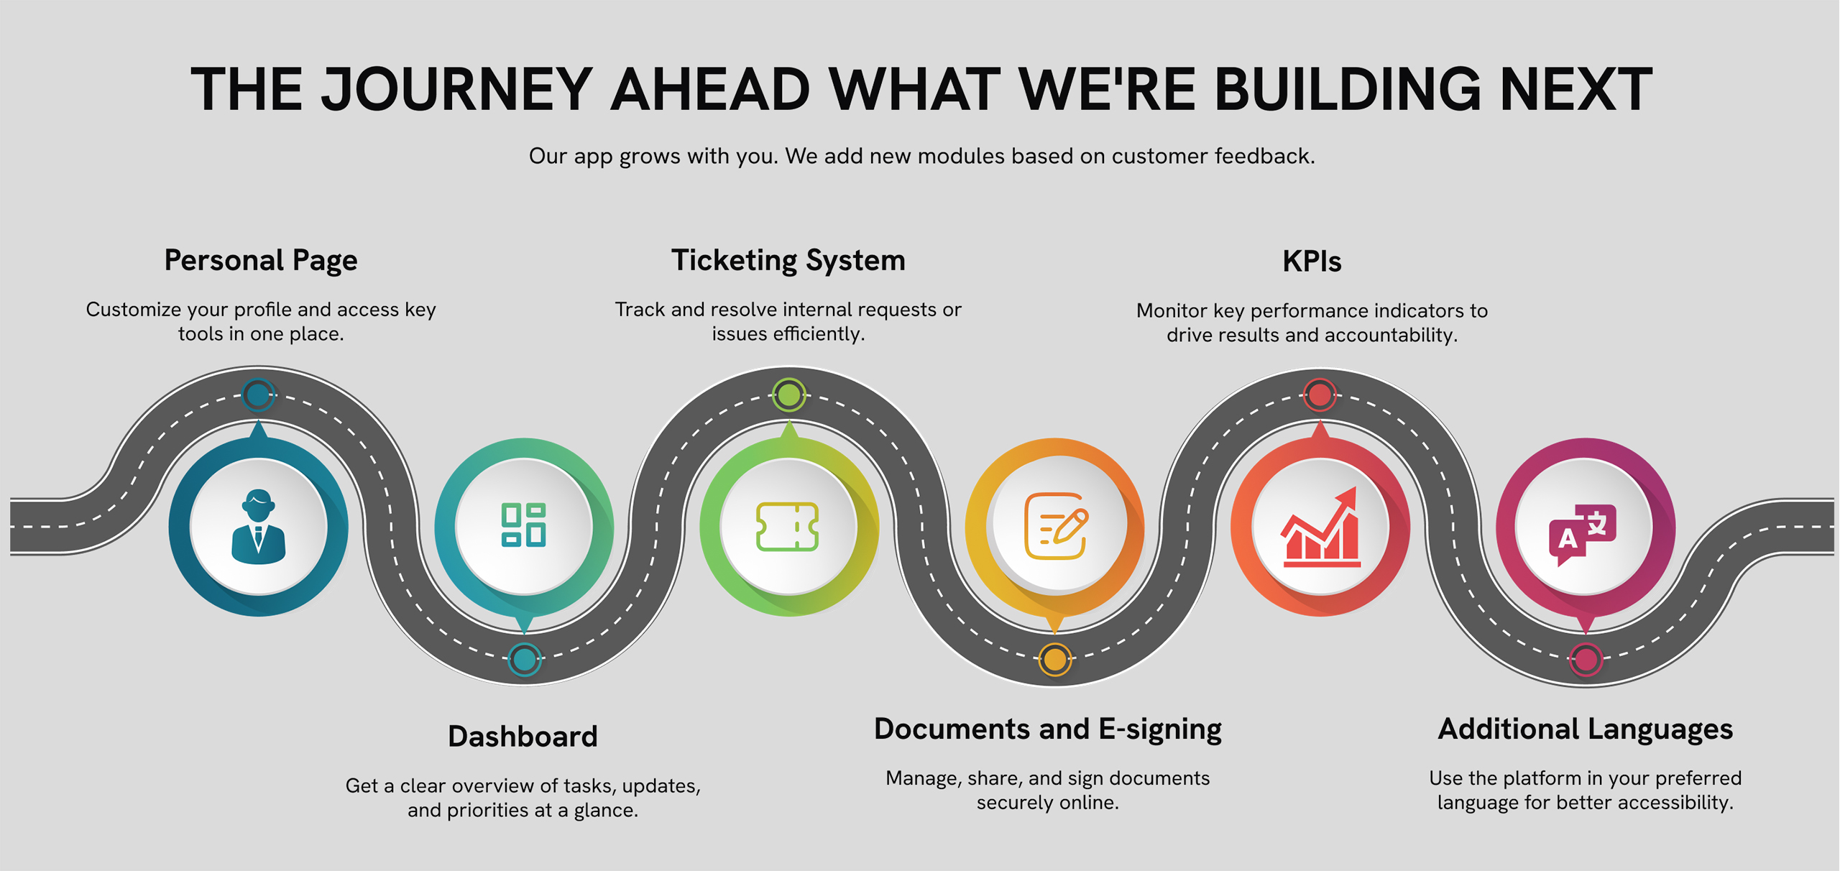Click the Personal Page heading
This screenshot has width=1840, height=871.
pos(261,260)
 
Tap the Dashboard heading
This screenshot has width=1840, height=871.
pos(523,737)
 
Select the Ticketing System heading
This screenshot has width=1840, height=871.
pos(788,260)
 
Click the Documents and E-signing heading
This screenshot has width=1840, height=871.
pos(1048,729)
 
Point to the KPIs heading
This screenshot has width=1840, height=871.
pos(1312,262)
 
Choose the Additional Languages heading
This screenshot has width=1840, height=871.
pos(1586,729)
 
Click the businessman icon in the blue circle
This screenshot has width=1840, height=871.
pos(259,526)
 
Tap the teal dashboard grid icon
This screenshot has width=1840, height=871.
pos(524,525)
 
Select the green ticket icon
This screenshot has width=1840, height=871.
pos(788,527)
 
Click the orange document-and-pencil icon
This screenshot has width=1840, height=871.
pos(1056,526)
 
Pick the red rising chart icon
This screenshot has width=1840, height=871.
pos(1320,527)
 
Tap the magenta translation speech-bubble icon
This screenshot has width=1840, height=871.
pos(1583,535)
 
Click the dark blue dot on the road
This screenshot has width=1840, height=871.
pos(258,395)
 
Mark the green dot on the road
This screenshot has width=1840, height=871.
pos(789,395)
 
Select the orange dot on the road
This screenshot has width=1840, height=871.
pos(1055,659)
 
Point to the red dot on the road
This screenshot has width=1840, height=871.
pos(1320,395)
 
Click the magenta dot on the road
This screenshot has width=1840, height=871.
pos(1586,659)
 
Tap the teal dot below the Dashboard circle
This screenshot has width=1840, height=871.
pos(524,659)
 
